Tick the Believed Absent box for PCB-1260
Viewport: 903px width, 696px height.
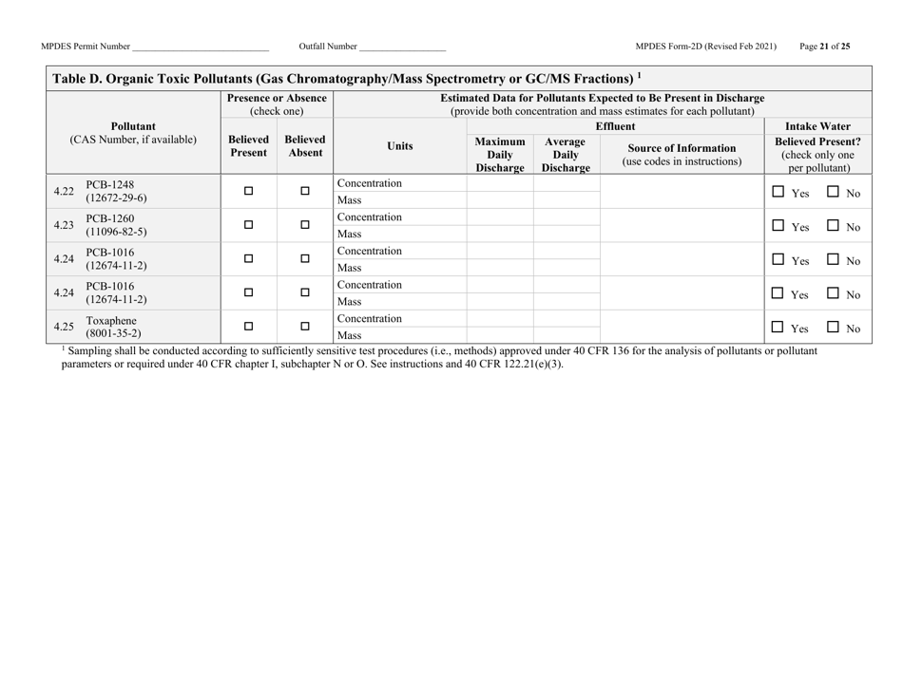click(305, 225)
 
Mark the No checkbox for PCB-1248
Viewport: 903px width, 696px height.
click(833, 191)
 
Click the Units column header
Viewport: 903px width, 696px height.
click(400, 146)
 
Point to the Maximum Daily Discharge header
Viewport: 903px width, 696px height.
click(500, 153)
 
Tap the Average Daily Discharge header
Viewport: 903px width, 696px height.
click(566, 153)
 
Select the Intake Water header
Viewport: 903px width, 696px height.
click(817, 125)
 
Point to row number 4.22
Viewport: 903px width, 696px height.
click(64, 191)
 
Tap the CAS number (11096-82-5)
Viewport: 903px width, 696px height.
click(117, 232)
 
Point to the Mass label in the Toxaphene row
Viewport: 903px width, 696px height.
click(348, 335)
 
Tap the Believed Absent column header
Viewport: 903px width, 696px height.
click(305, 146)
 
